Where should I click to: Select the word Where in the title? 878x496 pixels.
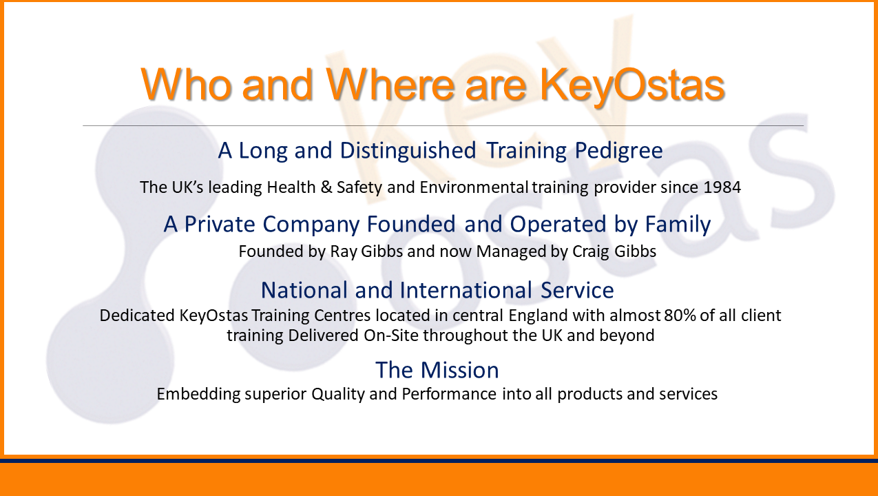click(x=390, y=84)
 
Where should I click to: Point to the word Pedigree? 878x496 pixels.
click(x=618, y=151)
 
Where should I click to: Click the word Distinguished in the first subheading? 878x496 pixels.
click(x=408, y=151)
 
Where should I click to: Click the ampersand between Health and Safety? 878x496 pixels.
click(x=326, y=187)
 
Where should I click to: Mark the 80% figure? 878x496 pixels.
click(x=680, y=316)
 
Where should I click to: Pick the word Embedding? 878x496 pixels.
click(x=198, y=395)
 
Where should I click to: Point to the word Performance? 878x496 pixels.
click(x=449, y=394)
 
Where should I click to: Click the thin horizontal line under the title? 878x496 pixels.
click(x=443, y=126)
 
